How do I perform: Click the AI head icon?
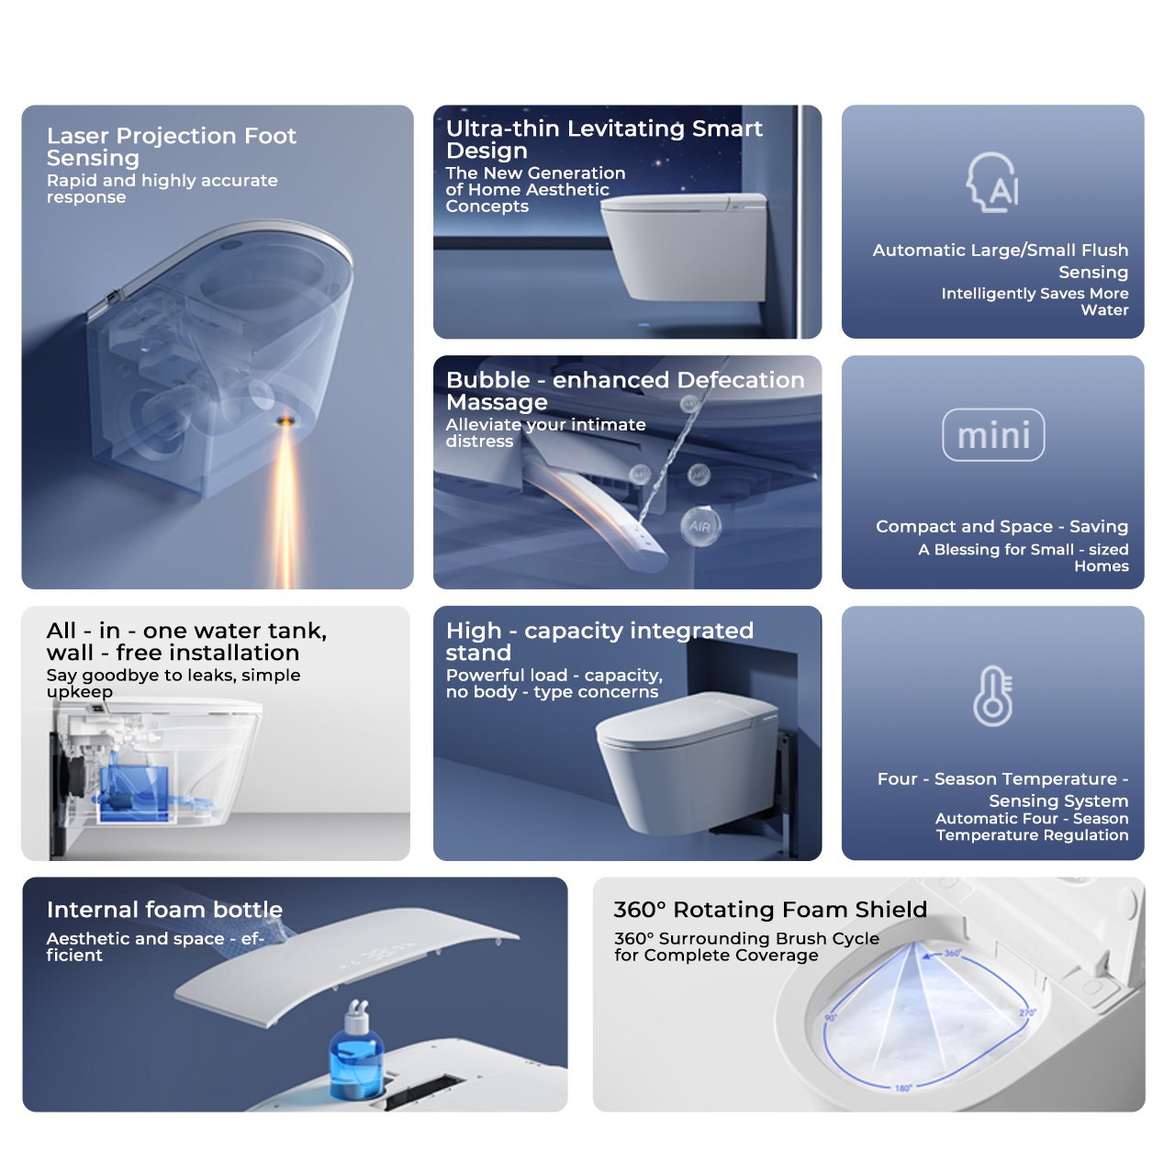(x=992, y=183)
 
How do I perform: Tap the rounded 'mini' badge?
(x=992, y=435)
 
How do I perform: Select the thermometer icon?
(x=992, y=696)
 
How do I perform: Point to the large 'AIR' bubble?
(x=700, y=526)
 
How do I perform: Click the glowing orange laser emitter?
(x=285, y=420)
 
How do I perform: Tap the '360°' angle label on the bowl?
(x=953, y=953)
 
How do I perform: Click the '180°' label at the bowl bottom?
(x=903, y=1088)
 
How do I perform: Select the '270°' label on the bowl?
(x=1027, y=1013)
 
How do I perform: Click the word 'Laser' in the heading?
(x=77, y=135)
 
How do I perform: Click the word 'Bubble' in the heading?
(x=487, y=380)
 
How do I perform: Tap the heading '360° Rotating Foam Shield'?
(x=770, y=909)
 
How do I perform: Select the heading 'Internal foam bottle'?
(x=164, y=909)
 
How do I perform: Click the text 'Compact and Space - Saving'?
(x=1002, y=526)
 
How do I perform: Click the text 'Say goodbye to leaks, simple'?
(x=173, y=675)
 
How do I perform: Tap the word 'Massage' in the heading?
(x=497, y=402)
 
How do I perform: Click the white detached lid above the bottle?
(x=346, y=967)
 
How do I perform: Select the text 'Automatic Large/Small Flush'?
(x=1000, y=250)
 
